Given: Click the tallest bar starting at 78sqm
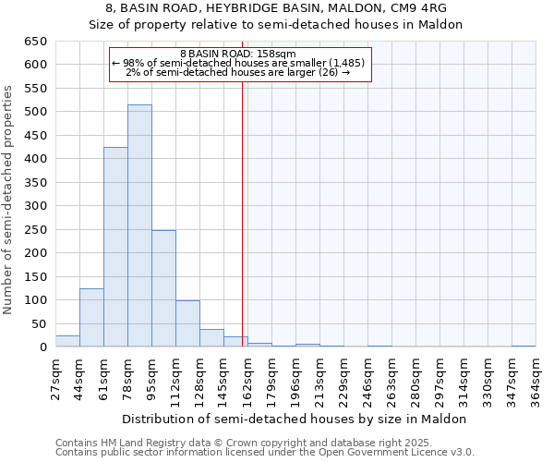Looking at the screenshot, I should click(x=139, y=225).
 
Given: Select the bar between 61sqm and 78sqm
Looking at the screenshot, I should click(x=115, y=247).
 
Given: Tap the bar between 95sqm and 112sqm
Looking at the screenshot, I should click(x=163, y=288).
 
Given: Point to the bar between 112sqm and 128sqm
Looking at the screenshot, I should click(x=187, y=323).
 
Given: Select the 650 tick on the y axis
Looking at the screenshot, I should click(x=35, y=42).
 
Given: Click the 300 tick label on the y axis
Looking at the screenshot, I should click(x=35, y=206).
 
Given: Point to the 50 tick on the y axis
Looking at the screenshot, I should click(x=39, y=324).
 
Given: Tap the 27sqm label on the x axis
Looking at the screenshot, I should click(x=55, y=379).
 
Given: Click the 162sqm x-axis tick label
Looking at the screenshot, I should click(x=247, y=379).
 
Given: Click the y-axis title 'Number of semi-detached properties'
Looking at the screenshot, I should click(x=9, y=200).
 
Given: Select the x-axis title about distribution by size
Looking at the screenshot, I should click(x=295, y=419).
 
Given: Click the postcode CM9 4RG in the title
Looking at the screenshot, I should click(x=415, y=8).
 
